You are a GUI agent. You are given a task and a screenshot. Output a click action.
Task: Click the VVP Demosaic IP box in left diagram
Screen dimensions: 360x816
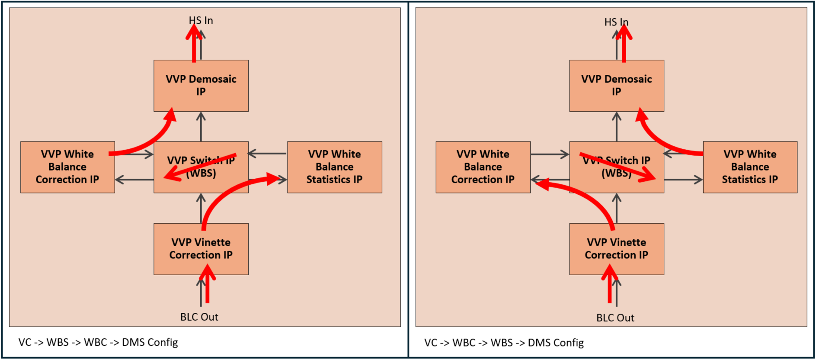(x=201, y=86)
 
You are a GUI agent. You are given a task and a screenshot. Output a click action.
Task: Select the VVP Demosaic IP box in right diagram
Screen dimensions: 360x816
(x=616, y=86)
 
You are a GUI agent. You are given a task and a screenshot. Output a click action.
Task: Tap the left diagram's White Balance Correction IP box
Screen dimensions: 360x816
(x=67, y=167)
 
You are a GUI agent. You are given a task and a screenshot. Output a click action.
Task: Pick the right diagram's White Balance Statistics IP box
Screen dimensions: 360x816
(x=750, y=167)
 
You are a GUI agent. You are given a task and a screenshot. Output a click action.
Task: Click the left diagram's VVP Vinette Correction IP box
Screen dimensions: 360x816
(x=201, y=249)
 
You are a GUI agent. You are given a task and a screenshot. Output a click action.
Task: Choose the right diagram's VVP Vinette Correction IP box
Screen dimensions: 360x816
(x=616, y=249)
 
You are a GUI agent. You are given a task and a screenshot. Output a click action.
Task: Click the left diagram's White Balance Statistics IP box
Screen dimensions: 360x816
(x=334, y=167)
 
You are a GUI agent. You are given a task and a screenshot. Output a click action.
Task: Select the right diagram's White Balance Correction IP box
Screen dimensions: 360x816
(x=483, y=167)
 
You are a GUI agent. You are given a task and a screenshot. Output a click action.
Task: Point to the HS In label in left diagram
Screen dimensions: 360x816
(x=201, y=20)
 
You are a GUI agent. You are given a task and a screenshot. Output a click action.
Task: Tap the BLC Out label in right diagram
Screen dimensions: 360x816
(x=615, y=318)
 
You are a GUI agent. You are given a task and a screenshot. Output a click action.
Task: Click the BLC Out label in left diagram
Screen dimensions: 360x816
(x=199, y=317)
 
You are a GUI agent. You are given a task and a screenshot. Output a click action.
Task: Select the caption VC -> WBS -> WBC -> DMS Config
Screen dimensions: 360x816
(x=98, y=342)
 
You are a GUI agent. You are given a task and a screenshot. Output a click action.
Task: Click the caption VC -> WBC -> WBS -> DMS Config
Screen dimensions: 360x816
(x=504, y=343)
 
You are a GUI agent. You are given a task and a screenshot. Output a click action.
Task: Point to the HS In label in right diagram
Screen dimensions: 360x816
(x=616, y=22)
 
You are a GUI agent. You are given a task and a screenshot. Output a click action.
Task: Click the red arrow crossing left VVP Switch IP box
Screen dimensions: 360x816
(x=200, y=167)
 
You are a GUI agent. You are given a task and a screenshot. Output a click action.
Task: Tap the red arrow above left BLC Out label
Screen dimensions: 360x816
(x=208, y=286)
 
